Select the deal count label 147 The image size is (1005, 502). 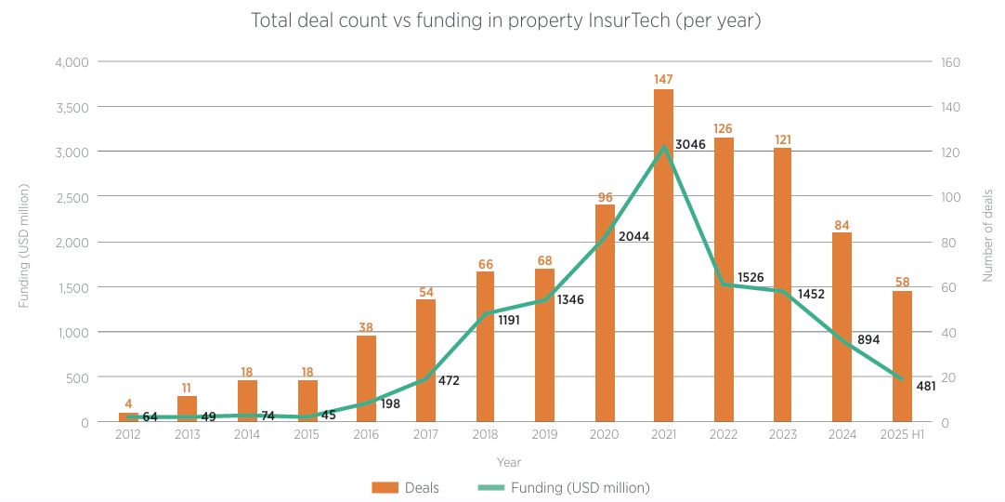click(x=663, y=80)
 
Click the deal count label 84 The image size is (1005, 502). click(x=842, y=224)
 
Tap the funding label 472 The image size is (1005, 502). click(x=450, y=380)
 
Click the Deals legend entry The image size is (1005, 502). click(x=407, y=487)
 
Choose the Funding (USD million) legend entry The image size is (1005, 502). click(x=567, y=487)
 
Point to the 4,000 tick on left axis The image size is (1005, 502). click(x=72, y=62)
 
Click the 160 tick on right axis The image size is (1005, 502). click(x=951, y=62)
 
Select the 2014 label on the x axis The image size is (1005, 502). click(x=247, y=434)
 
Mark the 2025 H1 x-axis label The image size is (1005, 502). click(x=902, y=434)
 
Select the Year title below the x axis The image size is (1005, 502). click(x=508, y=462)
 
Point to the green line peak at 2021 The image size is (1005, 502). click(x=663, y=147)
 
